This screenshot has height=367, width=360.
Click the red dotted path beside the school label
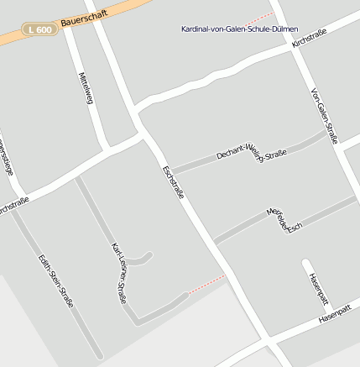point(261,18)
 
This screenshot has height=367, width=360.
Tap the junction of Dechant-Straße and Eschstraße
point(172,170)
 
